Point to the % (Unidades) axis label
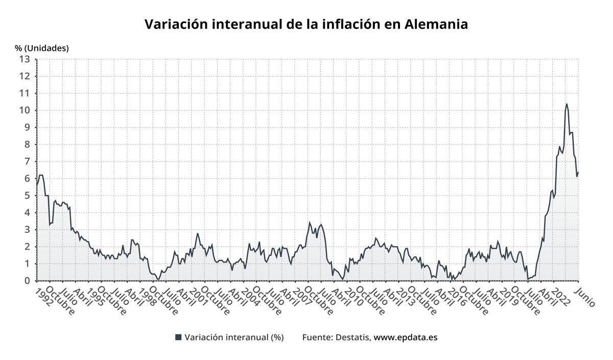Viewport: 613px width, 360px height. coord(42,48)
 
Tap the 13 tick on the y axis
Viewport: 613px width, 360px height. coord(25,59)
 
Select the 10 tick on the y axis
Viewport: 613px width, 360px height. coord(25,110)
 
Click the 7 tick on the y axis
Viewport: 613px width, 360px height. coord(28,161)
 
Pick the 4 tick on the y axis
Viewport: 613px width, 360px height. coord(28,212)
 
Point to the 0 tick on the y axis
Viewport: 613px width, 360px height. coord(28,281)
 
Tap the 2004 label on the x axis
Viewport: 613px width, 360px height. coord(246,296)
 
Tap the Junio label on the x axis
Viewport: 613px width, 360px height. coord(584,296)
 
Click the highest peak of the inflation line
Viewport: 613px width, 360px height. coord(567,104)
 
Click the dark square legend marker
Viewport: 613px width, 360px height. coord(178,337)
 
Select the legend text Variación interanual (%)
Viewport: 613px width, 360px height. coord(234,337)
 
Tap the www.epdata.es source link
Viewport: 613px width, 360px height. coord(406,337)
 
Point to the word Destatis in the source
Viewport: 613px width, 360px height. coord(353,337)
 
